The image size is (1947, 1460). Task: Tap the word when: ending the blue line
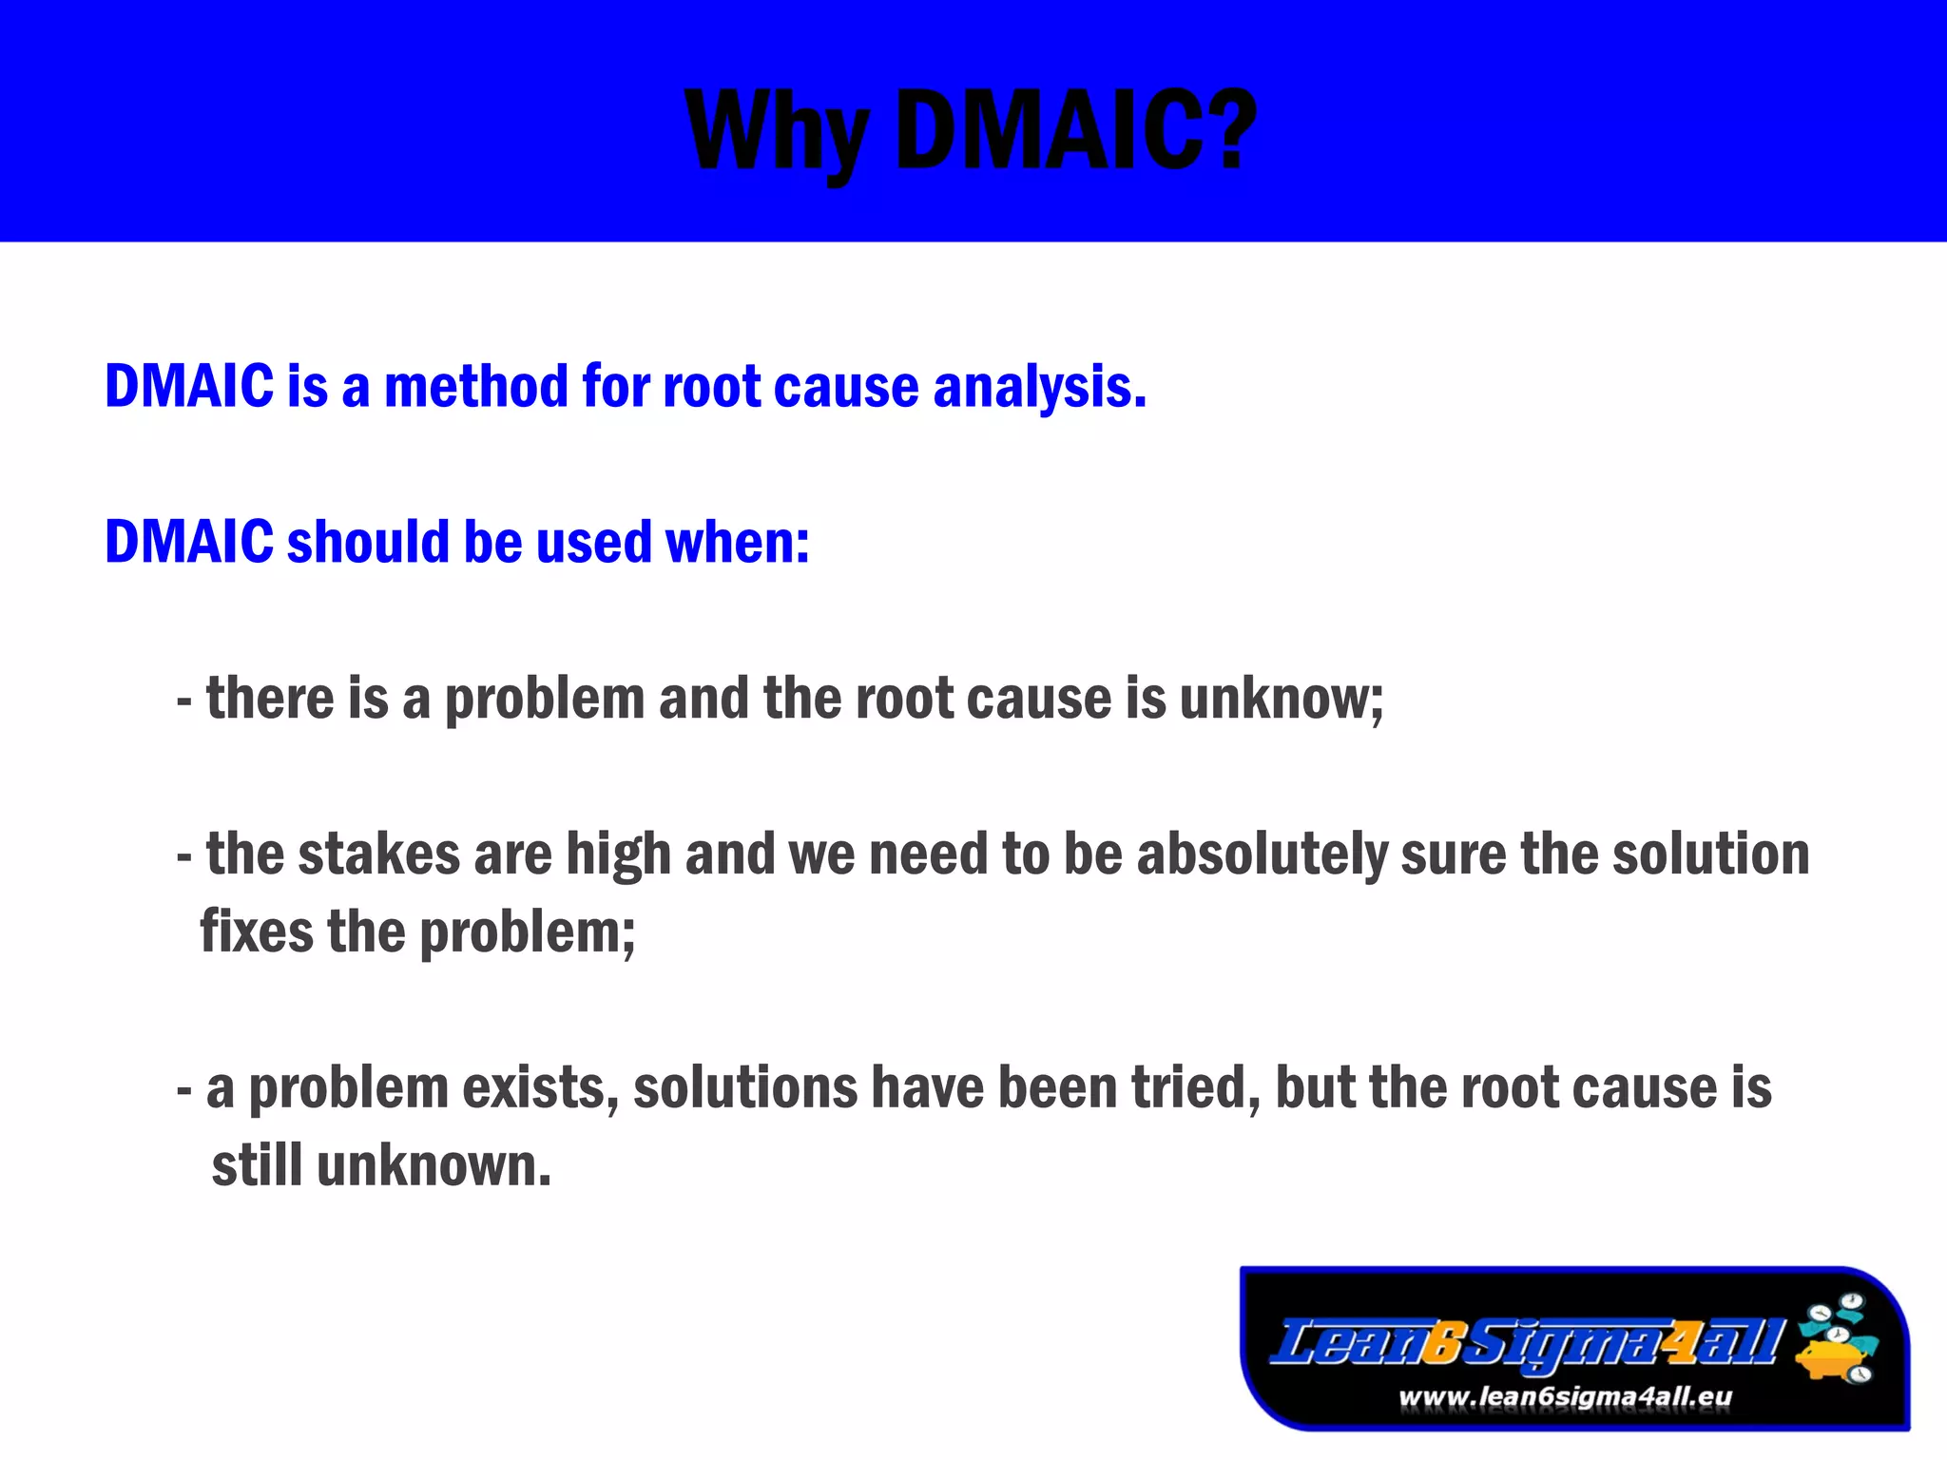(x=737, y=542)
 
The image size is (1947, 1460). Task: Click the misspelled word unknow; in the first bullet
(x=1281, y=699)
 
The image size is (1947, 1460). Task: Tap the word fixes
(x=256, y=932)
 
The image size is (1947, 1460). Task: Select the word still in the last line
(x=257, y=1165)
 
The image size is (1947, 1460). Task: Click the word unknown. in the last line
(x=434, y=1165)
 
